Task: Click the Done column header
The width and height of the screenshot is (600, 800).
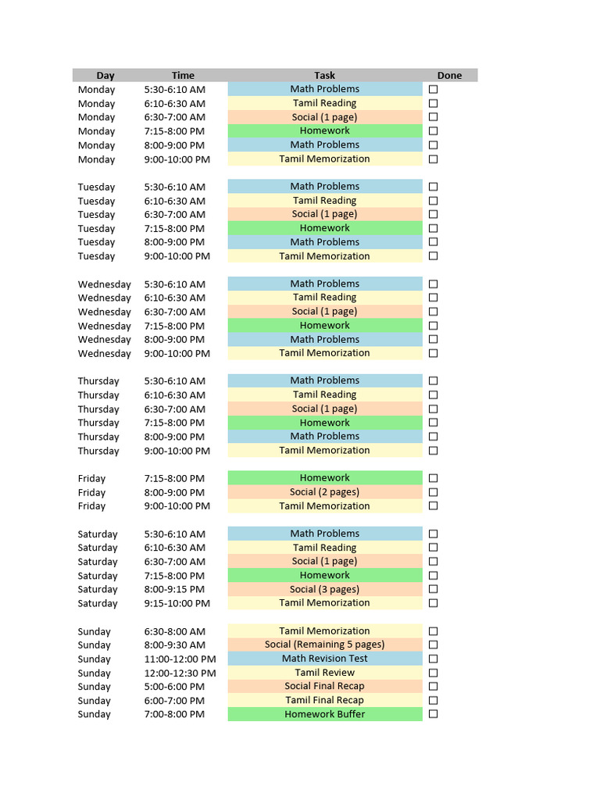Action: coord(449,76)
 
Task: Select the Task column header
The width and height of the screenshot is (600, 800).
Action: coord(324,76)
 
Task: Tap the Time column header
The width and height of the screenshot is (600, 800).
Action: coord(183,76)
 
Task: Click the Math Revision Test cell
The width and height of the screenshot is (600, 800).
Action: coord(324,659)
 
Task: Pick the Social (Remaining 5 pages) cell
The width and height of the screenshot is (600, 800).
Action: coord(324,645)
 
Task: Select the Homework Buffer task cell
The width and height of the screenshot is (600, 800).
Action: coord(324,714)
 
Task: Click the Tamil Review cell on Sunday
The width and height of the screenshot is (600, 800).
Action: coord(324,673)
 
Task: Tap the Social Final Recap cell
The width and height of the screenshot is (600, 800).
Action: coord(324,686)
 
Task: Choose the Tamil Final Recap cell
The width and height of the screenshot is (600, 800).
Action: coord(324,700)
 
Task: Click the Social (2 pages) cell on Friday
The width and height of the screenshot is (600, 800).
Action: coord(324,492)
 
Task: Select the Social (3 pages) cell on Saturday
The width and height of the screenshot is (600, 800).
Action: coord(324,589)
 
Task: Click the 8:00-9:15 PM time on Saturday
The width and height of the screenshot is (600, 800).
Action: coord(174,590)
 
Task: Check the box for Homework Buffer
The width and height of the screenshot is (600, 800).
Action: coord(434,714)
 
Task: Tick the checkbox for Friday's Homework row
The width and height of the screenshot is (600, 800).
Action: coord(434,478)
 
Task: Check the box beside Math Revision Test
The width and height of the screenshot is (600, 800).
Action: coord(434,659)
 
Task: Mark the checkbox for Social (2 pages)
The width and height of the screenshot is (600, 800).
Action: coord(434,492)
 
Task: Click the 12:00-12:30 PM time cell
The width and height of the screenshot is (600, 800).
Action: coord(180,673)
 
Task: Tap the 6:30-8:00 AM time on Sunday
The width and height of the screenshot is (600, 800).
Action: coord(175,631)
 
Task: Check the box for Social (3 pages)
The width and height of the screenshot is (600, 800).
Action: coord(434,589)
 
